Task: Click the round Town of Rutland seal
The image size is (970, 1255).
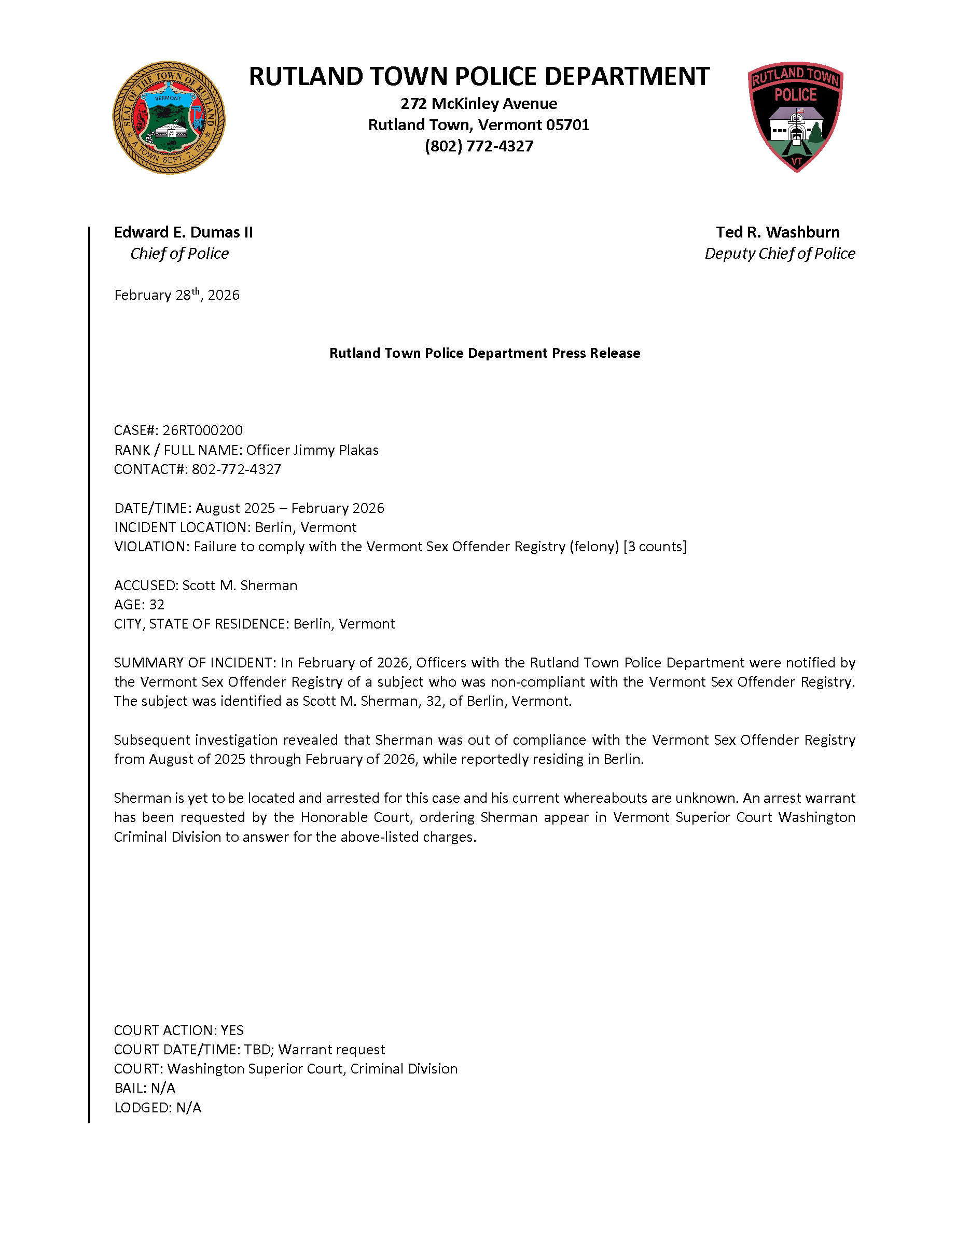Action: click(x=169, y=118)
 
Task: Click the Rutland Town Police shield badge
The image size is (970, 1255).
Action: click(x=795, y=117)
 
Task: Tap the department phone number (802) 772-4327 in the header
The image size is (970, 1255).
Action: click(x=479, y=146)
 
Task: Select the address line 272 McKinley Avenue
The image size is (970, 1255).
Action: click(x=479, y=103)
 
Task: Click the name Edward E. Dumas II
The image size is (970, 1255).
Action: click(x=183, y=232)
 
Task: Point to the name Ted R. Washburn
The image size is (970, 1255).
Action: click(x=778, y=232)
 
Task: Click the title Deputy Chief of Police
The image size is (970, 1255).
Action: click(x=780, y=254)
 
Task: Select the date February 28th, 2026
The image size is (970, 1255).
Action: click(x=177, y=295)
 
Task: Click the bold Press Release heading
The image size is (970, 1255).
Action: click(x=484, y=353)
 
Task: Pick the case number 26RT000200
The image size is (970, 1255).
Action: click(x=202, y=430)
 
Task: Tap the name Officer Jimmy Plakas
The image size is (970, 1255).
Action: click(x=312, y=450)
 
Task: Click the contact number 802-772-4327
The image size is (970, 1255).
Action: click(x=236, y=469)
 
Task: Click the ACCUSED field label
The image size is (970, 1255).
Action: click(x=146, y=585)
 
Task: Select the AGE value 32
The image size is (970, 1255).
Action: click(x=157, y=605)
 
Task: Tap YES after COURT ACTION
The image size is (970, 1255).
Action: click(x=232, y=1030)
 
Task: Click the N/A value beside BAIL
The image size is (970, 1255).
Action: click(x=163, y=1088)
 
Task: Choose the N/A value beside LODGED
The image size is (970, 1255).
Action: click(x=188, y=1107)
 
